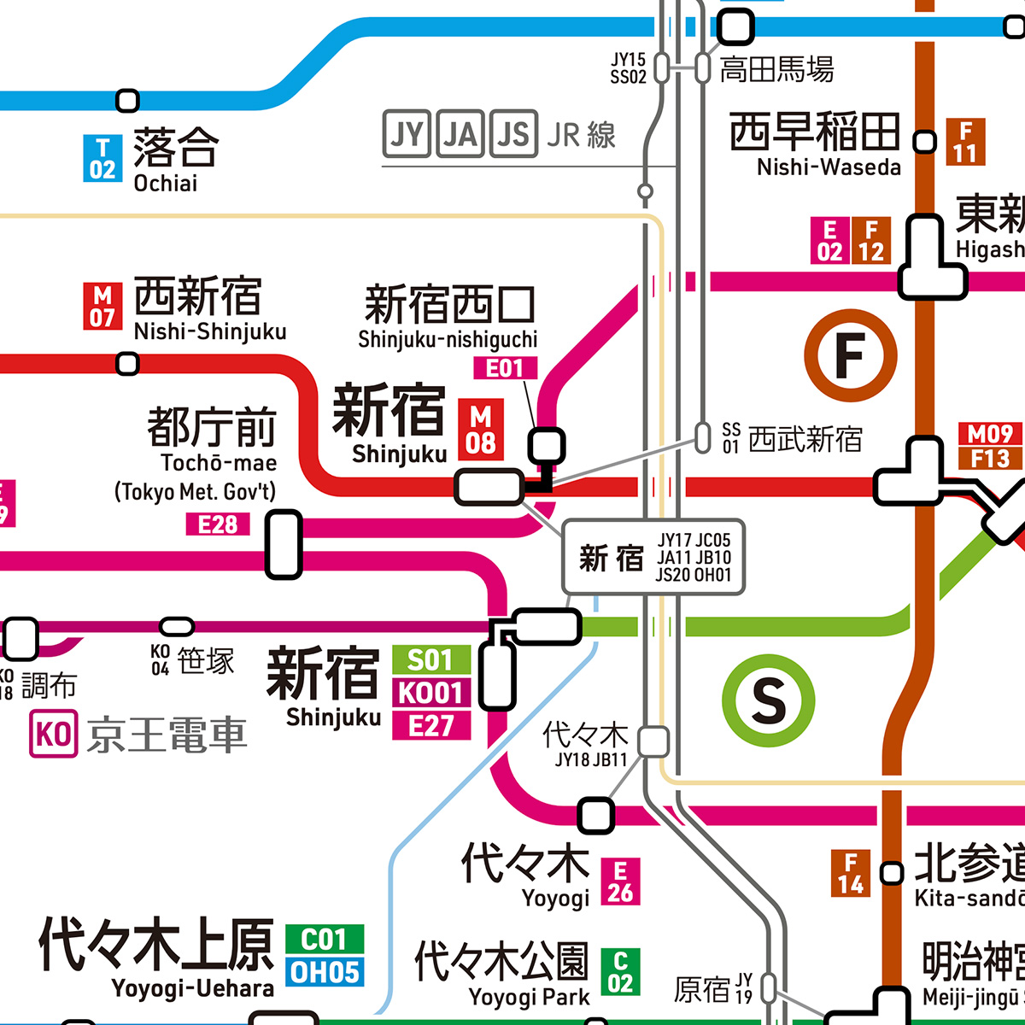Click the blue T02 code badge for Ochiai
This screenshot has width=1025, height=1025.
tap(102, 159)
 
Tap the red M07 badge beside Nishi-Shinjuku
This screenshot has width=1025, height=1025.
tap(102, 306)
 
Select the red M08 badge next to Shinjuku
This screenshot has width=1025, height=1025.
tap(481, 430)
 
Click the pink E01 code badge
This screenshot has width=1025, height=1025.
tap(505, 368)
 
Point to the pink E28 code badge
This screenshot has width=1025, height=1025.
tap(218, 524)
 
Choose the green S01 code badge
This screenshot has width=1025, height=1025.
tap(431, 659)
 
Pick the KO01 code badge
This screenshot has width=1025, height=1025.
tap(431, 693)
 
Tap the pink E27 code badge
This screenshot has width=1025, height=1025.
tap(431, 726)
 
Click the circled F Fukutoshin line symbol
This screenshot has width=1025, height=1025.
tap(851, 355)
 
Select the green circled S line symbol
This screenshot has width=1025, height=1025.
tap(768, 701)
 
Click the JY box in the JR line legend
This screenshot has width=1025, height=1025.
tap(406, 134)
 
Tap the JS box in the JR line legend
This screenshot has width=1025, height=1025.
tap(513, 134)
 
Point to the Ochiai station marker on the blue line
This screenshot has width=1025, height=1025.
tap(127, 101)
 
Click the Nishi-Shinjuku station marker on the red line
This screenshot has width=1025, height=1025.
tap(127, 365)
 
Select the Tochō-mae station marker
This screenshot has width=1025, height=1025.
tap(284, 544)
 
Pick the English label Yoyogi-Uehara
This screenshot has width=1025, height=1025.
tap(192, 989)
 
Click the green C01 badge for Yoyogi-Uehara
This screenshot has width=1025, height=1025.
tap(325, 940)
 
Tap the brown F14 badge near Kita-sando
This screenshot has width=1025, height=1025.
tap(851, 873)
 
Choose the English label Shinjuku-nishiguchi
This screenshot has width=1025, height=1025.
tap(448, 340)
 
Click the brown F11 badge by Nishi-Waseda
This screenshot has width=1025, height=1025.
tap(965, 142)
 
